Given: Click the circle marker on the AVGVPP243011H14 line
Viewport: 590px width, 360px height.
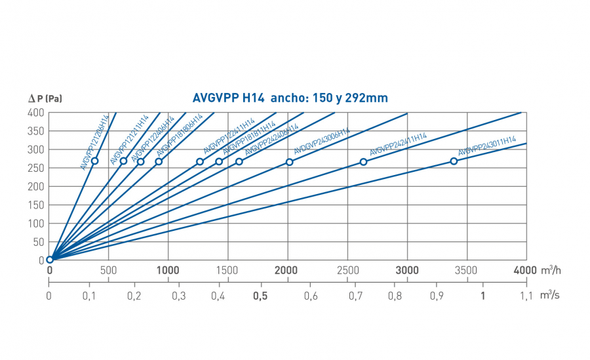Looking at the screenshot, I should coord(454,161).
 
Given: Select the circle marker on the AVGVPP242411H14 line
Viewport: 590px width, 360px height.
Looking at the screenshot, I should coord(364,162).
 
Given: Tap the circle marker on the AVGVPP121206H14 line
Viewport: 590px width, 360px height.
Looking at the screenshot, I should coord(94,161).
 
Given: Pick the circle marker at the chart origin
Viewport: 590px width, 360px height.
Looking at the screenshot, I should coord(49,260).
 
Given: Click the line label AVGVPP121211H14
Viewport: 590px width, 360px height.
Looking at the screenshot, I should coord(129,140).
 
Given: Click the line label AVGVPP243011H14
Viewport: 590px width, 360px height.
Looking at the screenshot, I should coord(487,146).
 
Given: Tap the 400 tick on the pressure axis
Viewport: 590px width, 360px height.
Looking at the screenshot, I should coord(36,113).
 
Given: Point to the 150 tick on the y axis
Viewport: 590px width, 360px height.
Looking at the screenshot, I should coord(36,205).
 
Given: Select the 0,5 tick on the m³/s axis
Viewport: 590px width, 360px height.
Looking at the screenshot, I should coord(260,296).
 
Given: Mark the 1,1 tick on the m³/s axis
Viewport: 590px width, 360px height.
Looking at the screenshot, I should coord(525,296).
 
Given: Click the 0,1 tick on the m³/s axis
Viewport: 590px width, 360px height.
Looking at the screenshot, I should coord(89,296).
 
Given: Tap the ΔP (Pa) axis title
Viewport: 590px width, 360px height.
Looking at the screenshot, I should coord(45,99).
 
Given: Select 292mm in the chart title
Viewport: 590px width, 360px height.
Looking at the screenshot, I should coord(366,98).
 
